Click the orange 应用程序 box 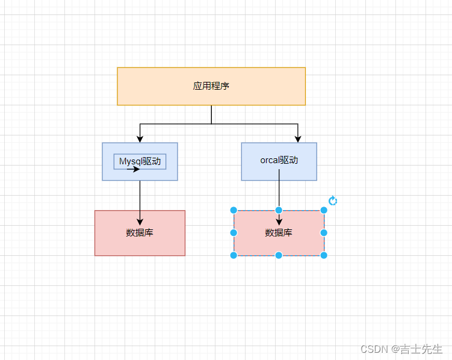[x=211, y=86]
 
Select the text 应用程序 [x=211, y=86]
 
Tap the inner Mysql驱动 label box [x=140, y=162]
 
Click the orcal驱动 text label [x=279, y=160]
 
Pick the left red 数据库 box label [x=140, y=232]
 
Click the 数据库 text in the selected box [x=279, y=232]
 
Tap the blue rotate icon [x=333, y=200]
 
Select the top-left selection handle [x=234, y=211]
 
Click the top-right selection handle [x=324, y=211]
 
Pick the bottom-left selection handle [x=234, y=255]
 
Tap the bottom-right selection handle [x=324, y=255]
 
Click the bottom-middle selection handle [x=279, y=255]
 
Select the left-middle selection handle [x=234, y=232]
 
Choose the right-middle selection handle [x=324, y=232]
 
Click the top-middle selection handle [x=279, y=211]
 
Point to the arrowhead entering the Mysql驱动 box [x=140, y=139]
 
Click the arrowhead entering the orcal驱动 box [x=298, y=139]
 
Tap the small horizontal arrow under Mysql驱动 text [x=133, y=169]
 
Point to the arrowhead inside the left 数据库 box [x=140, y=222]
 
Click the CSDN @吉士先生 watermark [x=401, y=349]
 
